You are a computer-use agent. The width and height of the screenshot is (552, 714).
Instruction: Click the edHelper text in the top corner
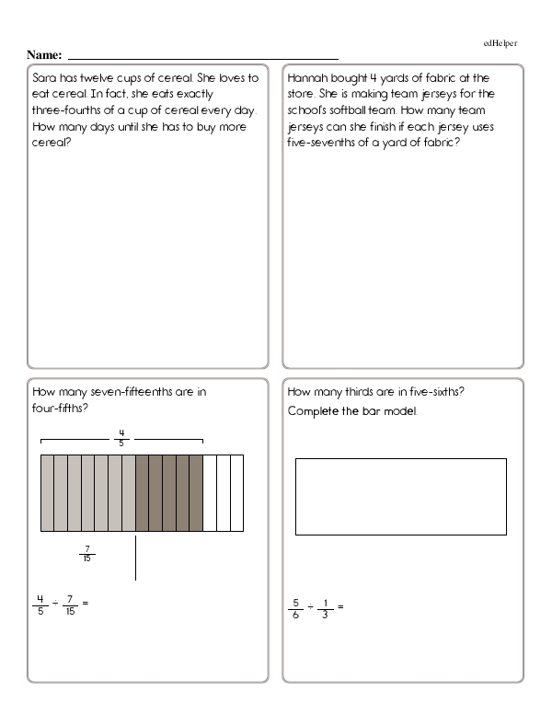(503, 43)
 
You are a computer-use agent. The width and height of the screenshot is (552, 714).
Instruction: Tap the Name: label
(45, 55)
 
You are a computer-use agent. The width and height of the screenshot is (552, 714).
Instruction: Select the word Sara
(45, 78)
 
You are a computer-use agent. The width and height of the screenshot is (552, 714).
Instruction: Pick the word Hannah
(309, 78)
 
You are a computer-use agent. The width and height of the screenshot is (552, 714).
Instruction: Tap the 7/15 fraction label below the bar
(87, 555)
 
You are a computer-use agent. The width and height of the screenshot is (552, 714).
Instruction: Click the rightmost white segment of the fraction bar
(236, 492)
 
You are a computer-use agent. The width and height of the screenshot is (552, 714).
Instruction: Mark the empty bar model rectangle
(400, 496)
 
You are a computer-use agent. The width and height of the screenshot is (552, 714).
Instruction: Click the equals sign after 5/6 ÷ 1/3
(339, 607)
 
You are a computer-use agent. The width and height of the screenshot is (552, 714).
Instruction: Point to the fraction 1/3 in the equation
(324, 607)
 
